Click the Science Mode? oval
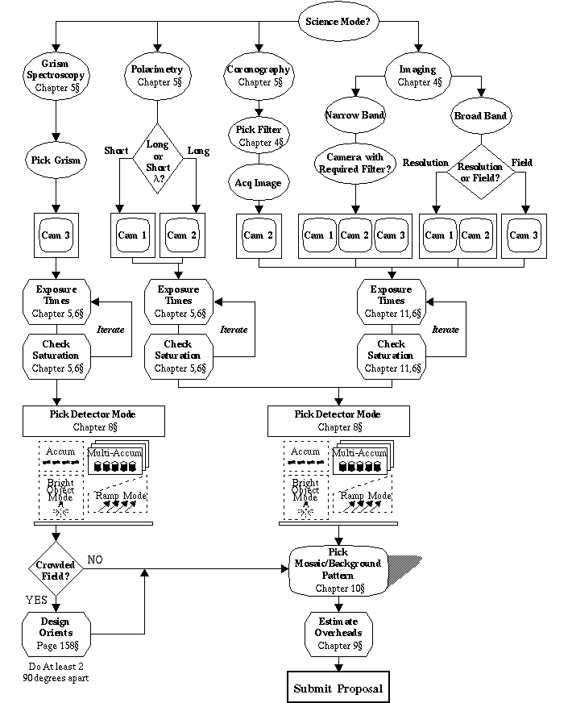tap(338, 22)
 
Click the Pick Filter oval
tap(258, 134)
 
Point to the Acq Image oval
tap(258, 183)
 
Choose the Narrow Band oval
tap(354, 115)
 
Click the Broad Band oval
tap(480, 116)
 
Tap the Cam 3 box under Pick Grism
tap(56, 235)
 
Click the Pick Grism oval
tap(56, 160)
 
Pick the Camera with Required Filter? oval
tap(354, 162)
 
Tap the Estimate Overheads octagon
tap(338, 634)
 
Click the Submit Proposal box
tap(338, 688)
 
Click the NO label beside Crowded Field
tap(95, 559)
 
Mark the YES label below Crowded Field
tap(36, 600)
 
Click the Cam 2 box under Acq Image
tap(258, 235)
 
